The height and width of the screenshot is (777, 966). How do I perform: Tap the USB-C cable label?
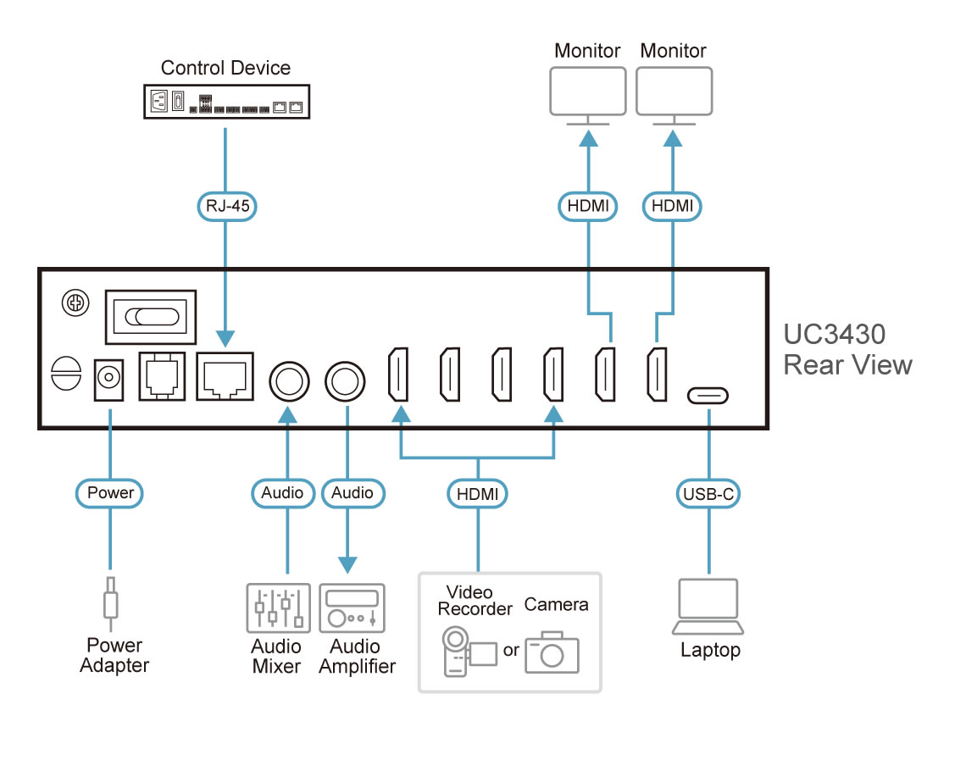tap(708, 492)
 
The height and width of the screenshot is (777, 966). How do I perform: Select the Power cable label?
tap(110, 492)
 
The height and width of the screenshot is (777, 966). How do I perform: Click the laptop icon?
tap(708, 607)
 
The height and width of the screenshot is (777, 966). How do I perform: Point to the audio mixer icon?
tap(275, 608)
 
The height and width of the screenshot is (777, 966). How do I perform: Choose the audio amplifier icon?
tap(352, 608)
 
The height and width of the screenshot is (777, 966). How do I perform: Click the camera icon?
tap(552, 652)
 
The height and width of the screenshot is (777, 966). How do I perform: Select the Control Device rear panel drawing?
tap(225, 102)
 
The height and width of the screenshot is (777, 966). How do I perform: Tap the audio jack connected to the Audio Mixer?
tap(289, 380)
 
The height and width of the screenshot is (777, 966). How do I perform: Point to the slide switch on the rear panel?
tap(151, 316)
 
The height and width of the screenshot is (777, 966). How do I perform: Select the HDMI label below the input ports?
tap(477, 492)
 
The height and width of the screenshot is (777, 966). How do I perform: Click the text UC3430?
tap(834, 334)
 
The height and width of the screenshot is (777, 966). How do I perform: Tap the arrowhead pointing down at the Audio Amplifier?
tap(347, 564)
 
